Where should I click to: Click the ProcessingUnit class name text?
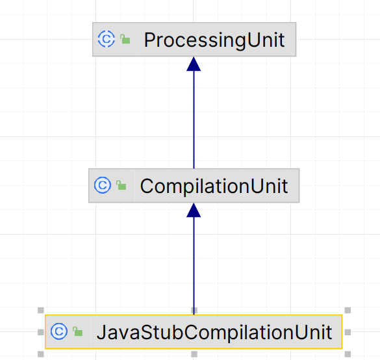click(x=214, y=40)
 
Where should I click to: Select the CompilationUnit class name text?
click(x=214, y=186)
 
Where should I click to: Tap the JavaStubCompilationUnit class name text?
click(x=214, y=332)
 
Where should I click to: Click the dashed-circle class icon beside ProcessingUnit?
click(x=107, y=39)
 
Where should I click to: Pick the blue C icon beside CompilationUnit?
click(x=103, y=185)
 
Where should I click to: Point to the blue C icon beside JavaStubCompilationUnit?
click(x=59, y=331)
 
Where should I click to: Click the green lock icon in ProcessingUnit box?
click(x=125, y=39)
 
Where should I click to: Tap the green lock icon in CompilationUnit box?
click(x=121, y=185)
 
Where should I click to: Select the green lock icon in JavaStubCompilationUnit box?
click(x=78, y=331)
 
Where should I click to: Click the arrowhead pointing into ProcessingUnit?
click(x=194, y=64)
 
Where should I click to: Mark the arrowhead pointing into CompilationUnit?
click(x=194, y=210)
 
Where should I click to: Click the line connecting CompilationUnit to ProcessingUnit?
click(x=194, y=120)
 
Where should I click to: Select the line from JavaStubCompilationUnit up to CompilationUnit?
click(x=194, y=266)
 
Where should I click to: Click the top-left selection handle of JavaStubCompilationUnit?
click(x=41, y=311)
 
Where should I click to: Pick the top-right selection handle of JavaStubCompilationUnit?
click(x=348, y=311)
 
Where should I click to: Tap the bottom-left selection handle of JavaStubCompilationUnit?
click(x=41, y=354)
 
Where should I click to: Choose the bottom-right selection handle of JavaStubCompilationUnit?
click(x=348, y=354)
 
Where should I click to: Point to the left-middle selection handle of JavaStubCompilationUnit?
click(x=41, y=332)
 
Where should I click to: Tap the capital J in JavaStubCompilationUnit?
click(x=101, y=332)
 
